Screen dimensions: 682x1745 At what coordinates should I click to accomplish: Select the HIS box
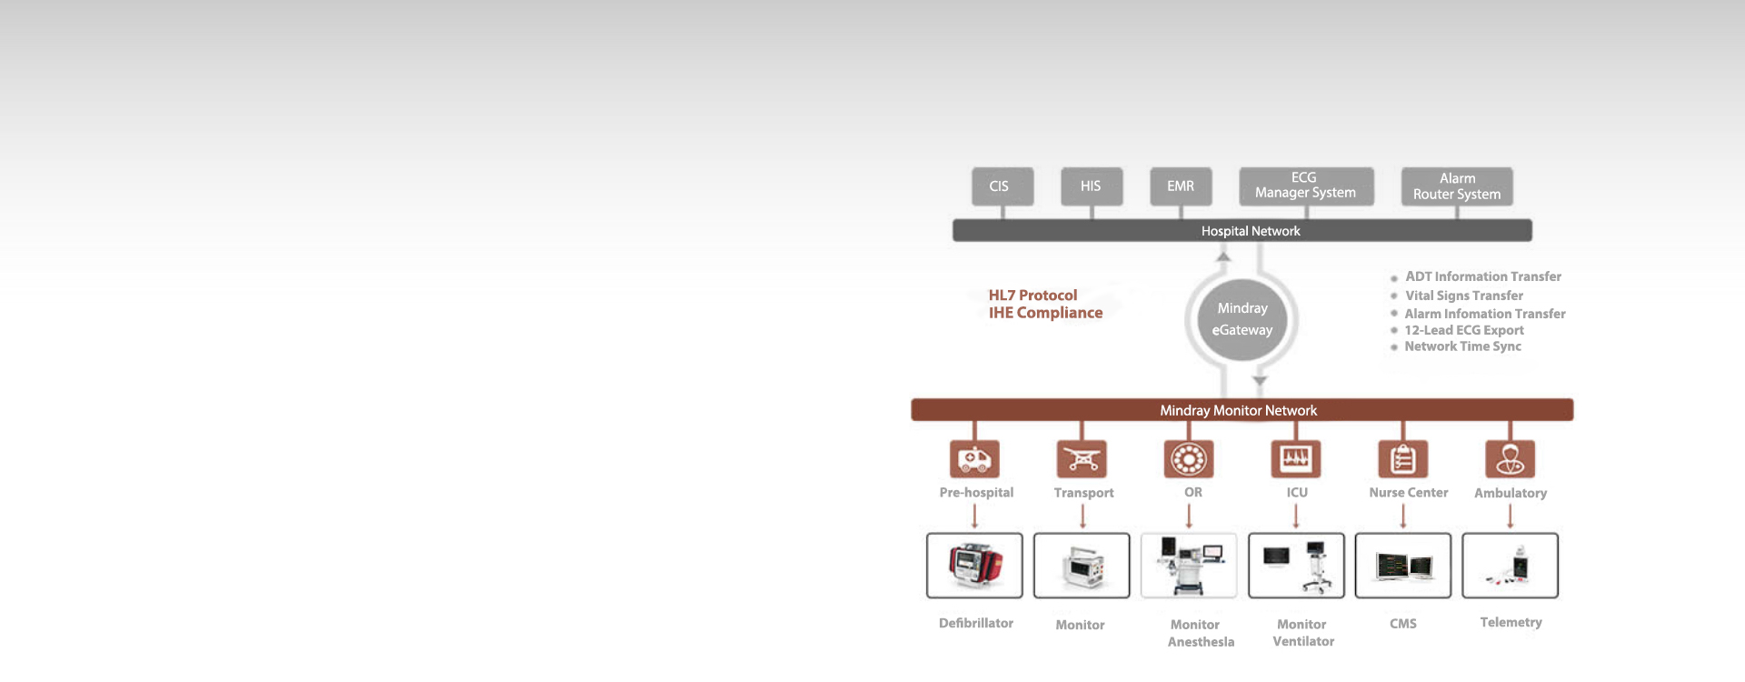[x=1091, y=186]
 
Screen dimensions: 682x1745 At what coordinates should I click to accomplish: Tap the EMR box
[x=1181, y=186]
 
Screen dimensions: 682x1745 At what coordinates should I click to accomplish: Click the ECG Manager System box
[x=1306, y=186]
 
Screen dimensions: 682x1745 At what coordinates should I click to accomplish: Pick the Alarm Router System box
[x=1457, y=186]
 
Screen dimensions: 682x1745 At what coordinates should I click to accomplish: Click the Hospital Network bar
[x=1241, y=231]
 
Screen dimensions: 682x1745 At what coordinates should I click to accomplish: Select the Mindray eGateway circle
[x=1241, y=319]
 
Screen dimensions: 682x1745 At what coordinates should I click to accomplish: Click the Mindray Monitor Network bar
[x=1241, y=410]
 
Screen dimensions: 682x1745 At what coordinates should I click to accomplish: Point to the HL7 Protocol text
[x=1032, y=296]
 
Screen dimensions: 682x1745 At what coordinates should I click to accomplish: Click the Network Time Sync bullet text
[x=1462, y=346]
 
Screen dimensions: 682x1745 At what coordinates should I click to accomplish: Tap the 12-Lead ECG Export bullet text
[x=1463, y=330]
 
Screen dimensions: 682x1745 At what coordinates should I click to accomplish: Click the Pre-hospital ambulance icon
[x=974, y=459]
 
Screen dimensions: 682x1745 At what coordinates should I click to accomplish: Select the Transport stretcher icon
[x=1082, y=459]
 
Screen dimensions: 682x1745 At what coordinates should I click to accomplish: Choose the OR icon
[x=1189, y=459]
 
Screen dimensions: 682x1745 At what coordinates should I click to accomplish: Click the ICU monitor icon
[x=1296, y=459]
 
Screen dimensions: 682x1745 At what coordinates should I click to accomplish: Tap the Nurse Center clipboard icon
[x=1403, y=459]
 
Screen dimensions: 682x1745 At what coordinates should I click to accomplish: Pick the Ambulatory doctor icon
[x=1511, y=459]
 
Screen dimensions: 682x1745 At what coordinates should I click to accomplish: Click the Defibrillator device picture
[x=974, y=566]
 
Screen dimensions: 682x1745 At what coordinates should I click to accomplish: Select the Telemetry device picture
[x=1511, y=566]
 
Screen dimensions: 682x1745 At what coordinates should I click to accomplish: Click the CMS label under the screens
[x=1403, y=624]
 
